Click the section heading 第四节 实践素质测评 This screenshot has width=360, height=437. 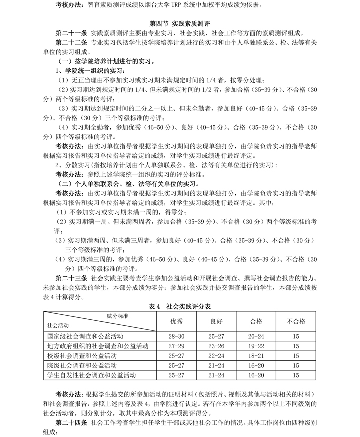point(179,23)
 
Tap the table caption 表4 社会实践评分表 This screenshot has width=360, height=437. point(179,307)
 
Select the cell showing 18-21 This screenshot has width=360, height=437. point(256,355)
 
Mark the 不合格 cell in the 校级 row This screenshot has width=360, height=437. point(296,355)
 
